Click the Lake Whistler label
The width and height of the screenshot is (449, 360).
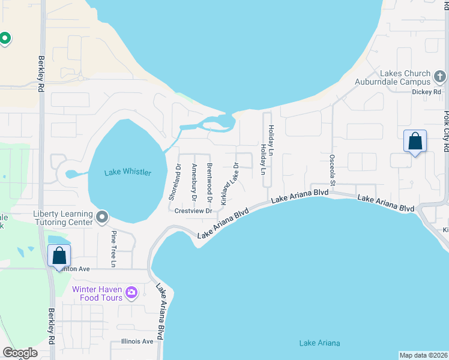point(128,173)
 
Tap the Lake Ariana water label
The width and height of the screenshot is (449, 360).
point(319,343)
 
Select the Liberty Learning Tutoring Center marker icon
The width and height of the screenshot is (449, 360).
point(102,216)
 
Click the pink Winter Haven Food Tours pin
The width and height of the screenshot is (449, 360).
point(131,293)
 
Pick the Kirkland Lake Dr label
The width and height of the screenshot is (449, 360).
point(230,184)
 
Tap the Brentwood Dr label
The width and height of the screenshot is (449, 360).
point(209,182)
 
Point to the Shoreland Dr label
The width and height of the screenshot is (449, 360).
point(175,182)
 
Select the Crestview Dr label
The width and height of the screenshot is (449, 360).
point(193,211)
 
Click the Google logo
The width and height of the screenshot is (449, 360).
point(19,353)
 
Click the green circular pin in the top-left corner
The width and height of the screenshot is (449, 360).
point(5,40)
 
